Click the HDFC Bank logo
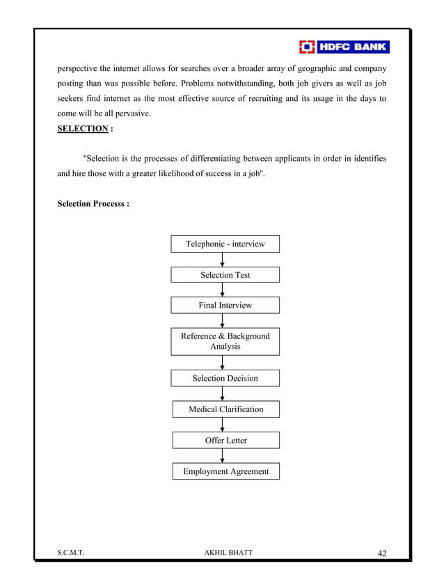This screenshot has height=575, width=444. coord(344,47)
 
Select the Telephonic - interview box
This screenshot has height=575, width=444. coord(225,244)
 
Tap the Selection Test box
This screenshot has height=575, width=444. coord(225,275)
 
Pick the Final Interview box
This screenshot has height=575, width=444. coord(225,306)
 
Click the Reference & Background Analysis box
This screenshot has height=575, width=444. coord(225,341)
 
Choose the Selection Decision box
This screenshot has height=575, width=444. coord(225,378)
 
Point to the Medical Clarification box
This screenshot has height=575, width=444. coord(225,409)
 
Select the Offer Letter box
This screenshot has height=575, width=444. coord(225,441)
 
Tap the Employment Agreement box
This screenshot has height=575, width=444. coord(225,471)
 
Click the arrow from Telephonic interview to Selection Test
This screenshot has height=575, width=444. coord(222,260)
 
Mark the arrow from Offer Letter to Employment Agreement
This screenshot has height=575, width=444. coord(222,456)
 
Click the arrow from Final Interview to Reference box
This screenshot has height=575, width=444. coord(222,321)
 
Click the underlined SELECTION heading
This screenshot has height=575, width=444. coord(82,129)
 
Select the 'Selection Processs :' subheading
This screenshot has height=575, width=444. coord(93,204)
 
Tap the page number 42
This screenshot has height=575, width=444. coord(382,553)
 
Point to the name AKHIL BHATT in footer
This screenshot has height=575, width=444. coord(225,553)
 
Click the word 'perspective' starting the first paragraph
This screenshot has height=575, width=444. coord(79,70)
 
